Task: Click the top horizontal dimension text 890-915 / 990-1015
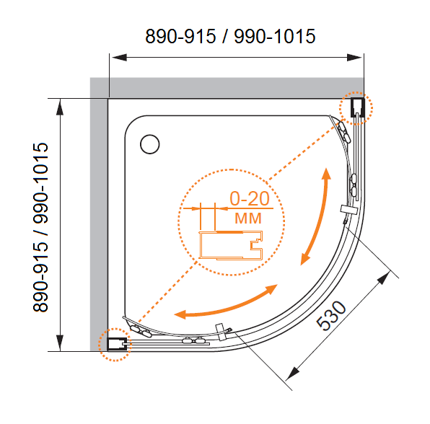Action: tap(230, 36)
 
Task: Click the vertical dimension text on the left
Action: tap(40, 227)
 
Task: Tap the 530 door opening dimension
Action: tap(331, 315)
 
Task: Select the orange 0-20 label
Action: tap(250, 198)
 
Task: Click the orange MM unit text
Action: tap(248, 218)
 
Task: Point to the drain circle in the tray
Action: tap(150, 144)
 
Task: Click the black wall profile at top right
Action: tap(358, 107)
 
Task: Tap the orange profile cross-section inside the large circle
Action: tap(231, 245)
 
